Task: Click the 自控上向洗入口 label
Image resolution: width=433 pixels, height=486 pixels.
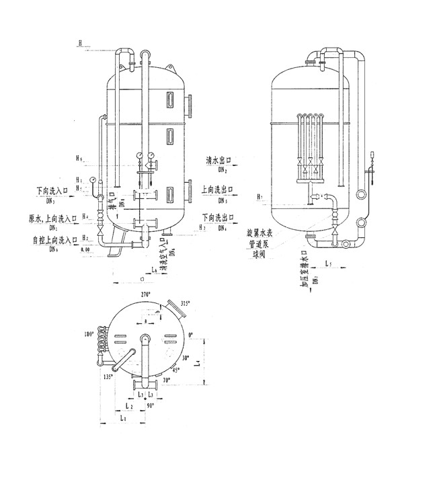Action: (x=51, y=239)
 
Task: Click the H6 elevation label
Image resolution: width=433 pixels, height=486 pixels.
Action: (x=80, y=159)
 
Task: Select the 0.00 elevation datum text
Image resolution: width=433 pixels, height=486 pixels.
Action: (x=85, y=249)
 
